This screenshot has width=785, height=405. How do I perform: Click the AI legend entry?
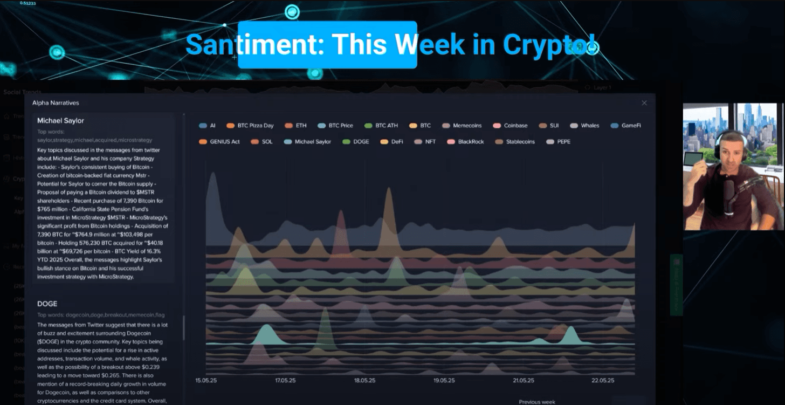208,126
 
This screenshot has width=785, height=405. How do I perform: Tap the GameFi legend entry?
625,126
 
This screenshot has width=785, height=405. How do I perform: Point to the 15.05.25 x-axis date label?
206,380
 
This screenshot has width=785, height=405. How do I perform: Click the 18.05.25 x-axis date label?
364,380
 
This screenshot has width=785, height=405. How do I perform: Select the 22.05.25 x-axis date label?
603,380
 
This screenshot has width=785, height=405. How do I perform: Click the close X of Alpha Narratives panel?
644,102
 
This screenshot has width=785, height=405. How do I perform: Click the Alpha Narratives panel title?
56,102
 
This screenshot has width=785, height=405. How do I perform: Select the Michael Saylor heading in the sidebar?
60,121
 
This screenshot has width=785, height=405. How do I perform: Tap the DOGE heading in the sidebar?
47,304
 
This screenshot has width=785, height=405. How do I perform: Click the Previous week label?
537,402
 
